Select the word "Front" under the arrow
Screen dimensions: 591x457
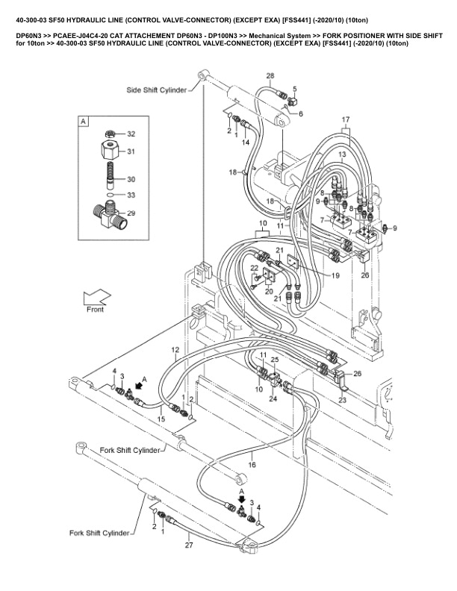96,309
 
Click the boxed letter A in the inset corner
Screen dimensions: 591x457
84,120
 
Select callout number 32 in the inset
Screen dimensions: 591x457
131,134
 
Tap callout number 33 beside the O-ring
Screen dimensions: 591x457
131,196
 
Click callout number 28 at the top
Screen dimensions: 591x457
270,76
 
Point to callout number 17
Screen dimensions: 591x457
346,120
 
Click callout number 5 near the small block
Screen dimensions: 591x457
294,89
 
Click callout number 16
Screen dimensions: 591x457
252,464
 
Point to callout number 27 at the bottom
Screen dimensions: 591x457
189,545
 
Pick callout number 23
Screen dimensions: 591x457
343,400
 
